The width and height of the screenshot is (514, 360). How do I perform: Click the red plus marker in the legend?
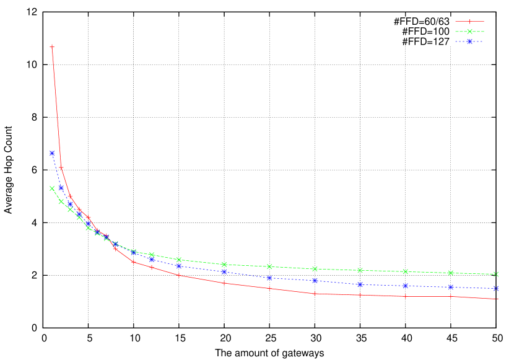[x=469, y=22]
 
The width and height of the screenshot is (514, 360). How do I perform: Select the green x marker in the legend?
[x=469, y=32]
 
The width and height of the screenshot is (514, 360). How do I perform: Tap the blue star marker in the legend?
[x=469, y=42]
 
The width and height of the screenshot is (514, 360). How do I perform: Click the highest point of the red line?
[x=52, y=46]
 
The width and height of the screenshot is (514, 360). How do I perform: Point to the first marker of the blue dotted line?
[x=52, y=153]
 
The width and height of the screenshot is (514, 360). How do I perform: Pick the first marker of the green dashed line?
[x=52, y=188]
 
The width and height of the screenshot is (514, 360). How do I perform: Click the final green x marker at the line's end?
[x=496, y=274]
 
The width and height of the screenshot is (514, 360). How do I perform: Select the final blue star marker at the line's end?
[x=496, y=288]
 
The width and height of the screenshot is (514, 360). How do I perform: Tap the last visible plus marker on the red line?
[x=451, y=296]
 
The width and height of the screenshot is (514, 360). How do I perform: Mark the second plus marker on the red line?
[x=61, y=167]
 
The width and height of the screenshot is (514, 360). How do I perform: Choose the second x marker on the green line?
[x=61, y=201]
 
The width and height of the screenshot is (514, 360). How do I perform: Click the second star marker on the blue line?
[x=61, y=188]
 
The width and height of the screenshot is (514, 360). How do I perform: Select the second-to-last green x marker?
[x=451, y=273]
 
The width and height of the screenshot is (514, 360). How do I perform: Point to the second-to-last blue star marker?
[x=451, y=287]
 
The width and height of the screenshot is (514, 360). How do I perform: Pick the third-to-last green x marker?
[x=405, y=271]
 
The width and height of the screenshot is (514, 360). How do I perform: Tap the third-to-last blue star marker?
[x=405, y=286]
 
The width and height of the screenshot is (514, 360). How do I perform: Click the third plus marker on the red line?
[x=70, y=196]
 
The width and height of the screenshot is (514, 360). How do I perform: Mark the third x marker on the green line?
[x=70, y=209]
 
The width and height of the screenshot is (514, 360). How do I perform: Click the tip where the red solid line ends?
[x=499, y=299]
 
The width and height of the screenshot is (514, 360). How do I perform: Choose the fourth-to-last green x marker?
[x=360, y=270]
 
